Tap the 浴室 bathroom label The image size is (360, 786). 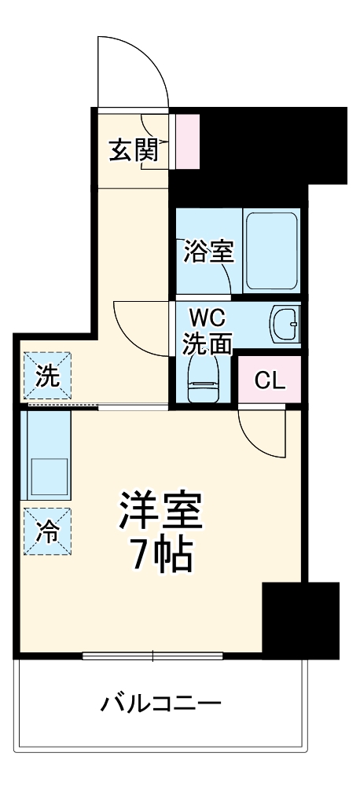(x=208, y=252)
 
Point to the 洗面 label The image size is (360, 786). (x=208, y=343)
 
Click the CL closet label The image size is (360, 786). (x=269, y=380)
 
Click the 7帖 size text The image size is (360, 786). (x=162, y=556)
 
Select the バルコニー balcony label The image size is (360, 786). (x=161, y=702)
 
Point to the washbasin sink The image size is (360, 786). (x=284, y=324)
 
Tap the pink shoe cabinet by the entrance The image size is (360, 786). (x=188, y=141)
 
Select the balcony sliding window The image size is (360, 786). (x=153, y=656)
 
